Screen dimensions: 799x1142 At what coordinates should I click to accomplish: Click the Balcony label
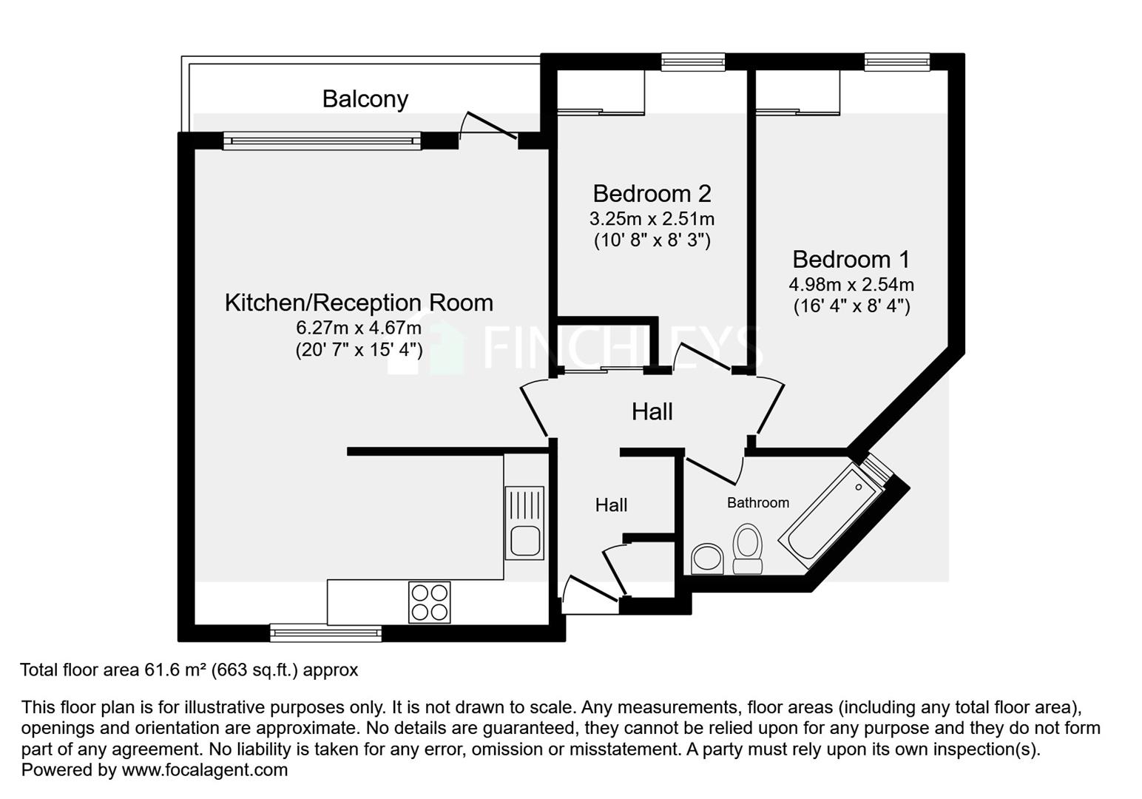(365, 98)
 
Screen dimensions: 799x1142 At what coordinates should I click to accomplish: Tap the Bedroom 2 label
(651, 194)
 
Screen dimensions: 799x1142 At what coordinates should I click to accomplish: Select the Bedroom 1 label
(851, 260)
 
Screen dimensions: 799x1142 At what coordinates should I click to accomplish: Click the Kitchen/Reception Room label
(359, 303)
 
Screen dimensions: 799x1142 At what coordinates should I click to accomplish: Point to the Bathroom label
(757, 503)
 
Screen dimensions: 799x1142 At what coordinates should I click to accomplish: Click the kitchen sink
(524, 522)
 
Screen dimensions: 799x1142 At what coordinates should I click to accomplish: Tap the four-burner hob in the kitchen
(429, 602)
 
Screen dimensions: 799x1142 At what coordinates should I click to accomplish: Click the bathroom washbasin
(707, 559)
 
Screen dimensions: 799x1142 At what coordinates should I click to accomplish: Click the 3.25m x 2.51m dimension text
(651, 220)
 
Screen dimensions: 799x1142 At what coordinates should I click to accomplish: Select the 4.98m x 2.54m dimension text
(851, 285)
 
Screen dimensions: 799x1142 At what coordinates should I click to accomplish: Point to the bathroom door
(714, 469)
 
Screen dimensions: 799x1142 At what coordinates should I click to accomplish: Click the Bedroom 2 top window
(692, 62)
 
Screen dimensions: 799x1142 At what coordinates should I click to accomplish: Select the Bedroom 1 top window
(896, 62)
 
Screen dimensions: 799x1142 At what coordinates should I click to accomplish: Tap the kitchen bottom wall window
(325, 633)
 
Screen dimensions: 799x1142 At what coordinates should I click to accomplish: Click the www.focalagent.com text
(204, 770)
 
